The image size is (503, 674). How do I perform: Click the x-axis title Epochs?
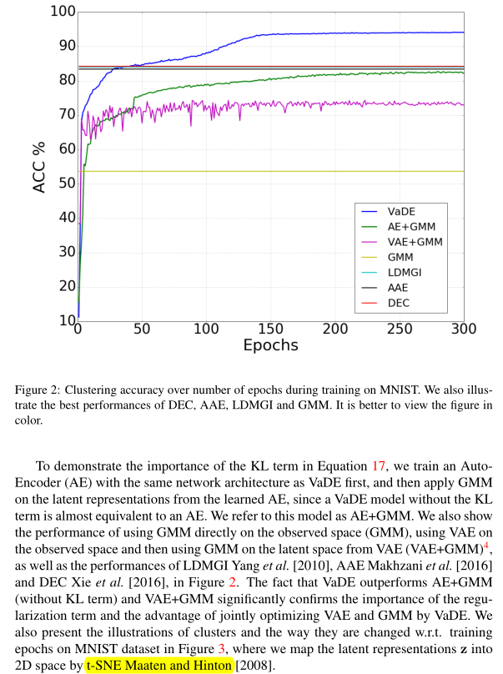coord(270,345)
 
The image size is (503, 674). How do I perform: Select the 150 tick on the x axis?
coord(270,329)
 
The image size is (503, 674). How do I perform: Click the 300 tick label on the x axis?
coord(463,329)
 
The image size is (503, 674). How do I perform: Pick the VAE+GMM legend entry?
coord(414,241)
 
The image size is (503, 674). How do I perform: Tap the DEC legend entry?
coord(399,302)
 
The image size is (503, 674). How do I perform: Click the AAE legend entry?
coord(399,287)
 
